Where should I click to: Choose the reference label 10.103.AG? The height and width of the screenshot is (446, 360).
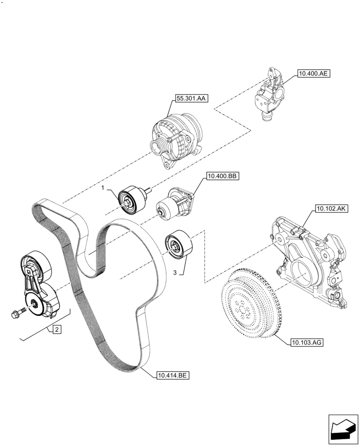point(307,343)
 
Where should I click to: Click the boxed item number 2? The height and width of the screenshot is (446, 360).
point(57,330)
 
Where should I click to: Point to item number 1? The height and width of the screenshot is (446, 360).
point(102,189)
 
